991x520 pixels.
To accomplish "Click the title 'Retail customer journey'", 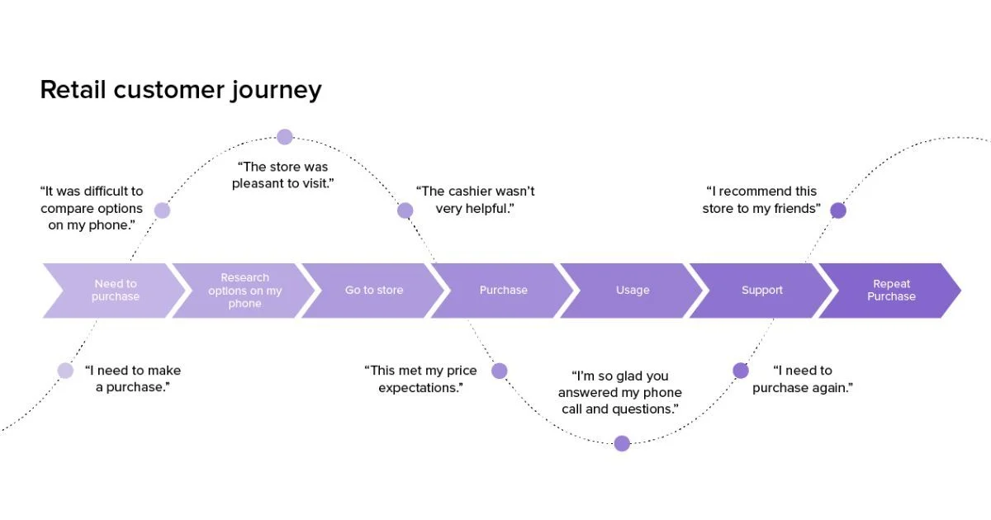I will [x=180, y=89].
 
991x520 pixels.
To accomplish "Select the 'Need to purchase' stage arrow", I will [x=115, y=291].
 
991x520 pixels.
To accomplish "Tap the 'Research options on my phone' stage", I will [x=244, y=291].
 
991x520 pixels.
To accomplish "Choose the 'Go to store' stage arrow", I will [x=374, y=291].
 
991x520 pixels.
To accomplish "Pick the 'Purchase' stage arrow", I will [x=503, y=291].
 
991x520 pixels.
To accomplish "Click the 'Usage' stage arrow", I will [x=633, y=291].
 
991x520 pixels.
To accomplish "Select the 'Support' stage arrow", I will [x=761, y=291].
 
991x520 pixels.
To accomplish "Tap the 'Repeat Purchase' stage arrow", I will [x=891, y=291].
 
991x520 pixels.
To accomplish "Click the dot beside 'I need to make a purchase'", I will [x=65, y=371].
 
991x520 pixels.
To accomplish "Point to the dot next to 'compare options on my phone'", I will [x=162, y=210].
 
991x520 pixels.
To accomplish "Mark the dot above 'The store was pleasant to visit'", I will [x=285, y=137].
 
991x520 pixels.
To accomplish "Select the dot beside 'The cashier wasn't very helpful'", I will [x=405, y=210].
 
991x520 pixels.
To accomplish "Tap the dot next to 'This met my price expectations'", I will [x=499, y=371].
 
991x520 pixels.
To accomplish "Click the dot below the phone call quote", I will [x=622, y=443].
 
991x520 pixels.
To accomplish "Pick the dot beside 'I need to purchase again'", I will [x=741, y=371].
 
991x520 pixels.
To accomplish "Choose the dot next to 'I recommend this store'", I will [x=838, y=210].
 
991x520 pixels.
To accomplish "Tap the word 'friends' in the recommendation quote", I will [x=794, y=209].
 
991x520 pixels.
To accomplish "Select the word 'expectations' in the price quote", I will [x=419, y=388].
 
